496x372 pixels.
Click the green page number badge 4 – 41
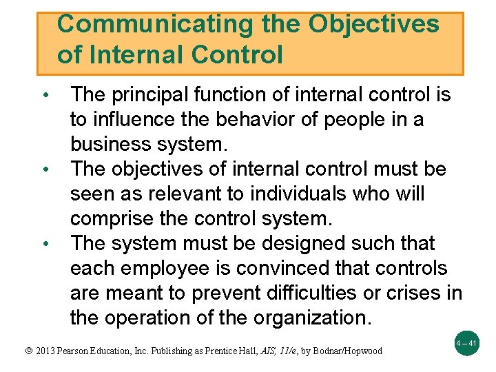466,342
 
